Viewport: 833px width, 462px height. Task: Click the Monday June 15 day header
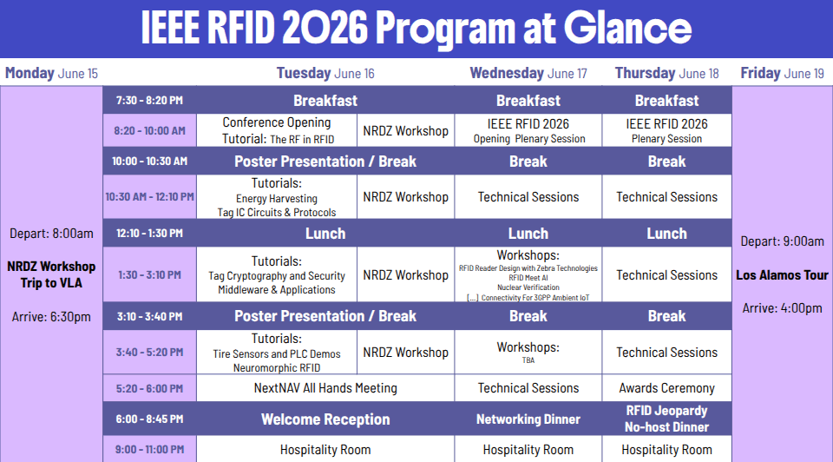(51, 73)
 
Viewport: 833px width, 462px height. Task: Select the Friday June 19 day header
(782, 73)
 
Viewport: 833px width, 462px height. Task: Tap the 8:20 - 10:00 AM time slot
(149, 131)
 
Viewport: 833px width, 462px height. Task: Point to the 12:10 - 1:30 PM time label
(149, 233)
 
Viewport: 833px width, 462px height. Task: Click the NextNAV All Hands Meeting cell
(325, 388)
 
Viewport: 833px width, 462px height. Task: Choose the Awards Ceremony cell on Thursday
(666, 388)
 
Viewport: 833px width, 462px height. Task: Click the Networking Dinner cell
(528, 419)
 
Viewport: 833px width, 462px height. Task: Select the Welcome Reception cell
(325, 419)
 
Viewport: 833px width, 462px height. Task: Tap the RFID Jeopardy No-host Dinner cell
(666, 419)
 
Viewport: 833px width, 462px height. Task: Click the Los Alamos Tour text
(782, 275)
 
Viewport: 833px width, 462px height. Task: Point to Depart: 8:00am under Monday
(51, 234)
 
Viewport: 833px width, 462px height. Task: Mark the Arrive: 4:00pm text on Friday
(782, 307)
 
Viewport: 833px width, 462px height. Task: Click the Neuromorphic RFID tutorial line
(277, 367)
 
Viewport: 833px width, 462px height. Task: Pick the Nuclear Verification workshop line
(528, 287)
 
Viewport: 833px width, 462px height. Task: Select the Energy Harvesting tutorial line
(277, 198)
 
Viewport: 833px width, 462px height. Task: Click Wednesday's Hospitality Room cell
(528, 449)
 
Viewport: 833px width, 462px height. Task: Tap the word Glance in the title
(627, 28)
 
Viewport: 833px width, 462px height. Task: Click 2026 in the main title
(325, 28)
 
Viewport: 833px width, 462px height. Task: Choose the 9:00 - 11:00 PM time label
(149, 449)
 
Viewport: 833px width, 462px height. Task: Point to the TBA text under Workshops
(528, 360)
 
